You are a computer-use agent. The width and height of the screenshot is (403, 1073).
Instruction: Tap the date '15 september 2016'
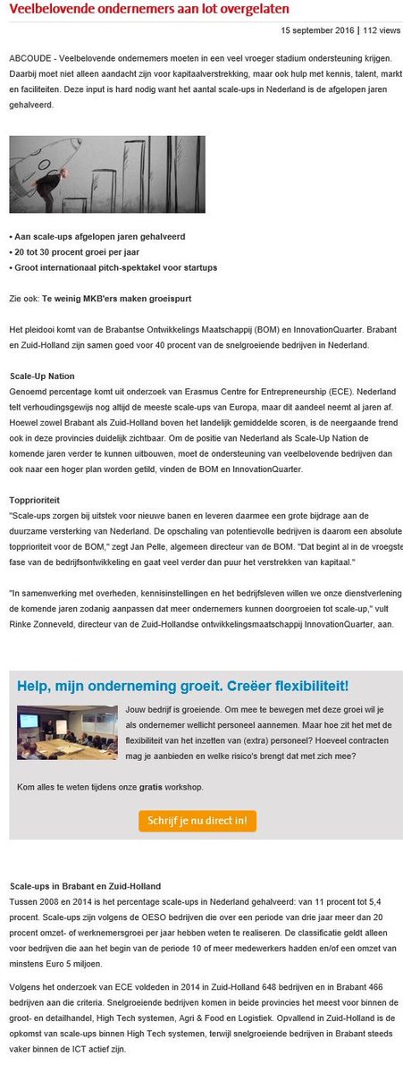[x=318, y=30]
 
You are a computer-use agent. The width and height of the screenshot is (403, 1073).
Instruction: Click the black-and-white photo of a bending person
[x=107, y=174]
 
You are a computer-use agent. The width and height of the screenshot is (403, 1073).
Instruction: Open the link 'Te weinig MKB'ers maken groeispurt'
[x=130, y=297]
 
